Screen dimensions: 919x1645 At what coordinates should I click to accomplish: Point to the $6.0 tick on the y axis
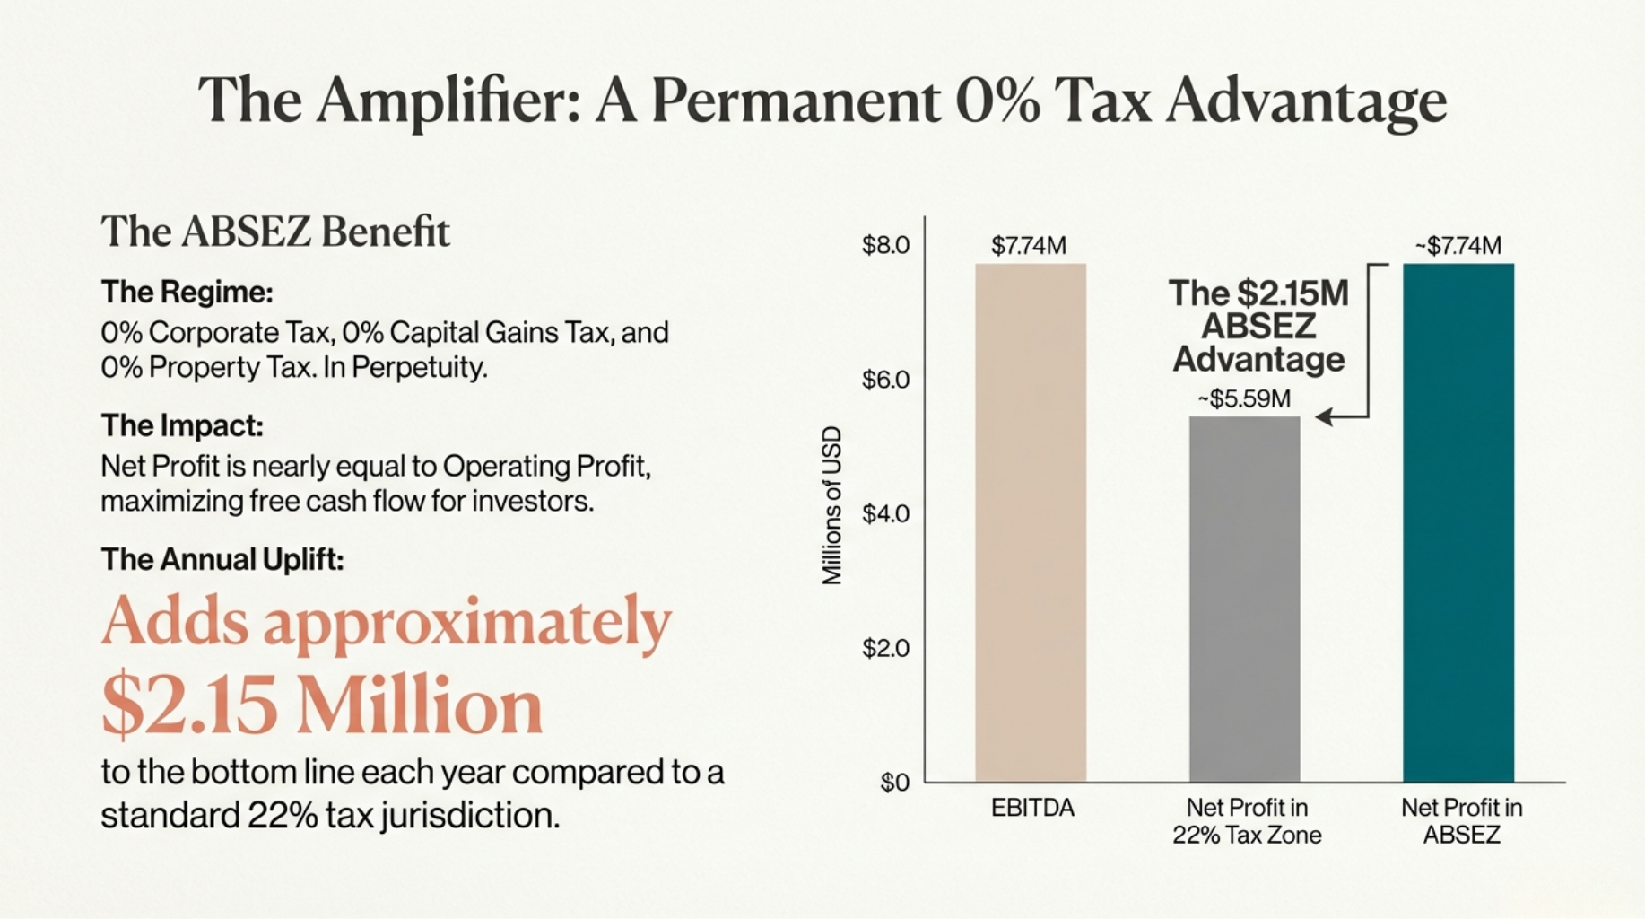(885, 380)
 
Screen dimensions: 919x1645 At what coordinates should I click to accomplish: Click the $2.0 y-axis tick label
(885, 648)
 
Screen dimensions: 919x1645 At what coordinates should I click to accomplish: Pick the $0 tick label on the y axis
(894, 783)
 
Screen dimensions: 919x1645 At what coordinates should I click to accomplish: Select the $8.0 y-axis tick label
(885, 245)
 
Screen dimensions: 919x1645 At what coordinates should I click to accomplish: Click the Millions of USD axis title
(832, 505)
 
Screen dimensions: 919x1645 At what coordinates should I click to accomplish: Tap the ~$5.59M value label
(1244, 398)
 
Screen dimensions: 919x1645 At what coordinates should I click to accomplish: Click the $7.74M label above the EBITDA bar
(1029, 245)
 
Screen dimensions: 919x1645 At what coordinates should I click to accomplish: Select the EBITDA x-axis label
(1032, 808)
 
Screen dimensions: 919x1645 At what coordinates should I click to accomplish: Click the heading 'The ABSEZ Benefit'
(275, 232)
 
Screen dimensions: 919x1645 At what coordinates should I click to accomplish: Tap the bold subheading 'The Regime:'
(187, 292)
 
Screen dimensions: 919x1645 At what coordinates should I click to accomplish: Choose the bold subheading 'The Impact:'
(182, 425)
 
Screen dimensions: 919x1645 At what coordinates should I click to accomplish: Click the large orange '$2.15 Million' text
(322, 705)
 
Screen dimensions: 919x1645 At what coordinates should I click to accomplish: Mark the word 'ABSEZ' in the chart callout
(1258, 326)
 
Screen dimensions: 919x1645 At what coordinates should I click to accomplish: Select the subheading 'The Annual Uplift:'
(222, 559)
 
